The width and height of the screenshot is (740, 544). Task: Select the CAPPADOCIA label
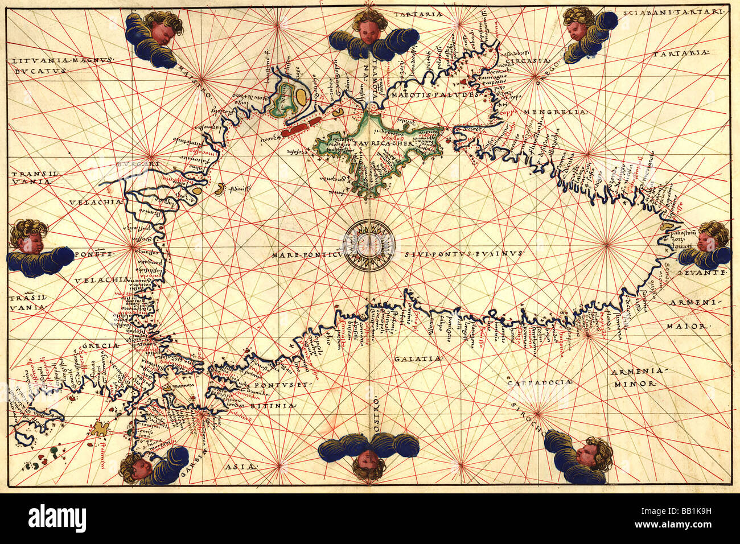pos(539,383)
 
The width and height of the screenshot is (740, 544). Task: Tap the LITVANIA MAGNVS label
pos(63,59)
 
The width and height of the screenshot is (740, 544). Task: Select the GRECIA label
pos(102,346)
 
